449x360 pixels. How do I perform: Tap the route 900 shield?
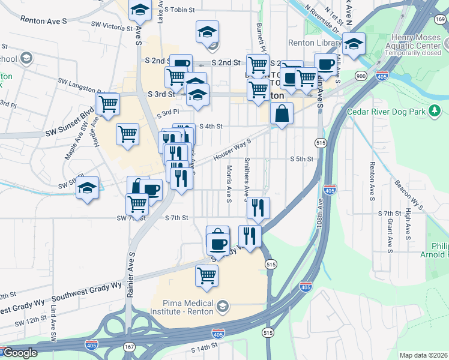pyautogui.click(x=361, y=76)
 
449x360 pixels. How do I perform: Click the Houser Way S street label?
pyautogui.click(x=231, y=150)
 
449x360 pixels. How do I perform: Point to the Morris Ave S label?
pyautogui.click(x=229, y=184)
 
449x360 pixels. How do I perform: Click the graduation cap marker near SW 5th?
pyautogui.click(x=88, y=187)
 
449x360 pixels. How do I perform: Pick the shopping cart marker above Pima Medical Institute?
pyautogui.click(x=206, y=275)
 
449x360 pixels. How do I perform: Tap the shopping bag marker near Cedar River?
pyautogui.click(x=282, y=113)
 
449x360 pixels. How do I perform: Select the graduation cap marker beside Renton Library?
pyautogui.click(x=354, y=43)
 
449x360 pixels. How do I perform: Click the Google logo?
pyautogui.click(x=19, y=353)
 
